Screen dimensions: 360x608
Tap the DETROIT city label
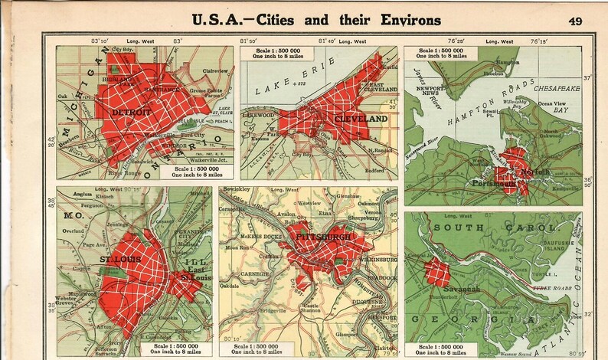(127, 111)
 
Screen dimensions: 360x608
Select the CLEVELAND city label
(360, 119)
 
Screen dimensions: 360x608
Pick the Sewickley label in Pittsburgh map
(238, 189)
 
